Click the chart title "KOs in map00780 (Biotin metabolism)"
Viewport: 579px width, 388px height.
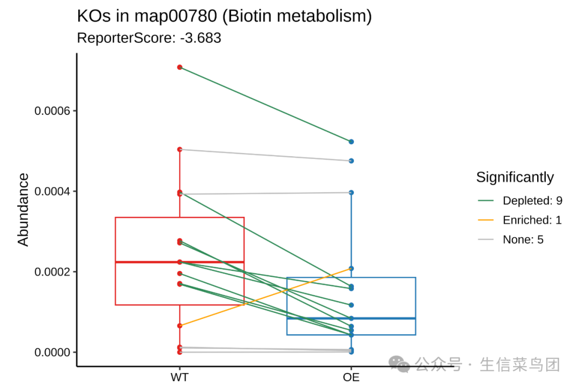[x=224, y=16]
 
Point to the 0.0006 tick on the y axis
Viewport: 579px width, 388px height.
[x=55, y=111]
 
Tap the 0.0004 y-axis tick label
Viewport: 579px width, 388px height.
[x=55, y=192]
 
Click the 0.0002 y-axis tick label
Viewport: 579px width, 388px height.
[x=55, y=272]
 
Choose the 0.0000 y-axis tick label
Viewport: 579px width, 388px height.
[x=55, y=353]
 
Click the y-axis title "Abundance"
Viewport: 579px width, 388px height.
[x=23, y=209]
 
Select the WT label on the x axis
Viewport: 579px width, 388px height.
[x=180, y=377]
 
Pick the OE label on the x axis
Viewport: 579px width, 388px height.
[x=351, y=377]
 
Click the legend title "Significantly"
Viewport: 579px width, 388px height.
[x=515, y=177]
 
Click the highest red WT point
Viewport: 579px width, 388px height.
[x=180, y=67]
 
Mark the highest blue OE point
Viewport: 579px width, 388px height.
[x=351, y=142]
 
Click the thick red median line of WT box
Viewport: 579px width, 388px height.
[x=161, y=262]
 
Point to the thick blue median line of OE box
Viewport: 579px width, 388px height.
[x=386, y=318]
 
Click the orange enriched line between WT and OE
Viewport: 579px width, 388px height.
[x=265, y=297]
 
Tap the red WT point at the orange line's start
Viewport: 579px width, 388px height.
[x=180, y=326]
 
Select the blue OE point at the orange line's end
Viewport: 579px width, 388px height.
[x=351, y=268]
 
